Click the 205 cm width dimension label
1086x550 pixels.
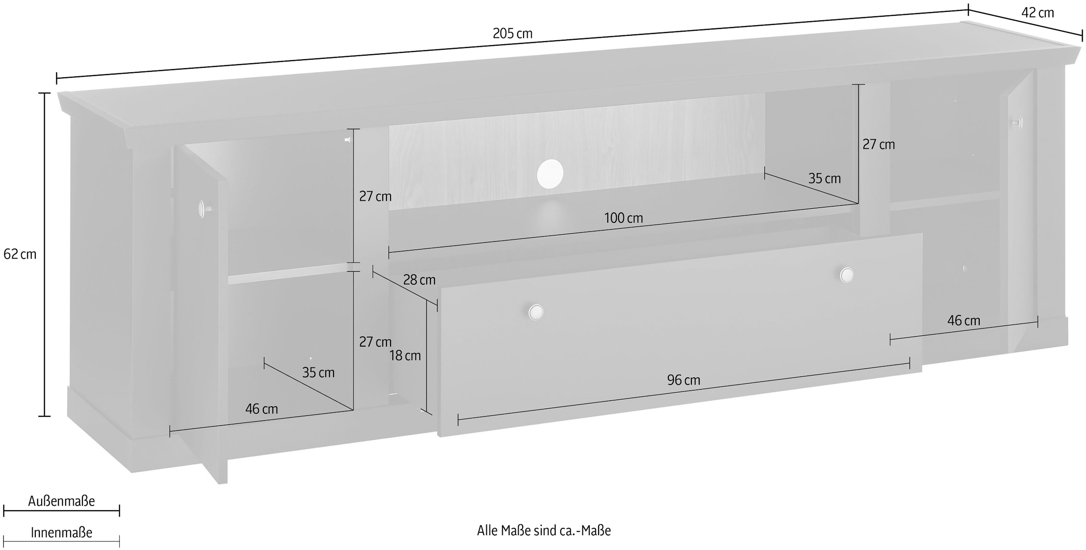tap(512, 33)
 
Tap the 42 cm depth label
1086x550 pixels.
tap(1038, 13)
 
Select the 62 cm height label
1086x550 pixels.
tap(19, 254)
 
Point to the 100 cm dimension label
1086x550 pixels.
tap(623, 218)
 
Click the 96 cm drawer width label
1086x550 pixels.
tap(683, 380)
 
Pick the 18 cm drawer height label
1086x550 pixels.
tap(405, 356)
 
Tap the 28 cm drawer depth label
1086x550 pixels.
tap(419, 280)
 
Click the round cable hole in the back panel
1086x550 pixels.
tap(550, 174)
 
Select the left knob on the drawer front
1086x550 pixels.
tap(536, 312)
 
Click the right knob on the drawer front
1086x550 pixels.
tap(846, 275)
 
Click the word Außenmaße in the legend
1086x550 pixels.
tap(62, 501)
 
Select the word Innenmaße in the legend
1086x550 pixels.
tap(62, 533)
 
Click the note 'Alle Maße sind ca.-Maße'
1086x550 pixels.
tap(543, 531)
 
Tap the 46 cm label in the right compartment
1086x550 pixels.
tap(963, 321)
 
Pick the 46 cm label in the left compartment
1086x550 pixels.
tap(262, 409)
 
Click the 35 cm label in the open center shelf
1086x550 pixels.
tap(824, 179)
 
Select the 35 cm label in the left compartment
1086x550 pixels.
tap(318, 373)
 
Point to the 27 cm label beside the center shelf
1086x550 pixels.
tap(878, 145)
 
